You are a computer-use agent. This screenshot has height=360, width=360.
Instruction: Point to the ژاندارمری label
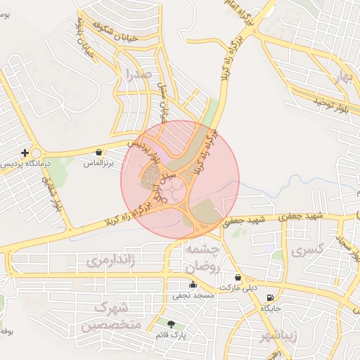click(110, 261)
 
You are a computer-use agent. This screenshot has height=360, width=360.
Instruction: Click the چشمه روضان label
click(205, 259)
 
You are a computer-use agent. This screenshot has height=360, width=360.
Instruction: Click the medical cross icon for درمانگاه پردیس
click(25, 153)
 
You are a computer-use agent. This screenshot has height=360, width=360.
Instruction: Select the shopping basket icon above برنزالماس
click(98, 152)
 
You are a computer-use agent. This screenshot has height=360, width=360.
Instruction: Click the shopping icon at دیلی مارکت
click(238, 278)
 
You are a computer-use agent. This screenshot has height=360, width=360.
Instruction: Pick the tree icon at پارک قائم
click(171, 324)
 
